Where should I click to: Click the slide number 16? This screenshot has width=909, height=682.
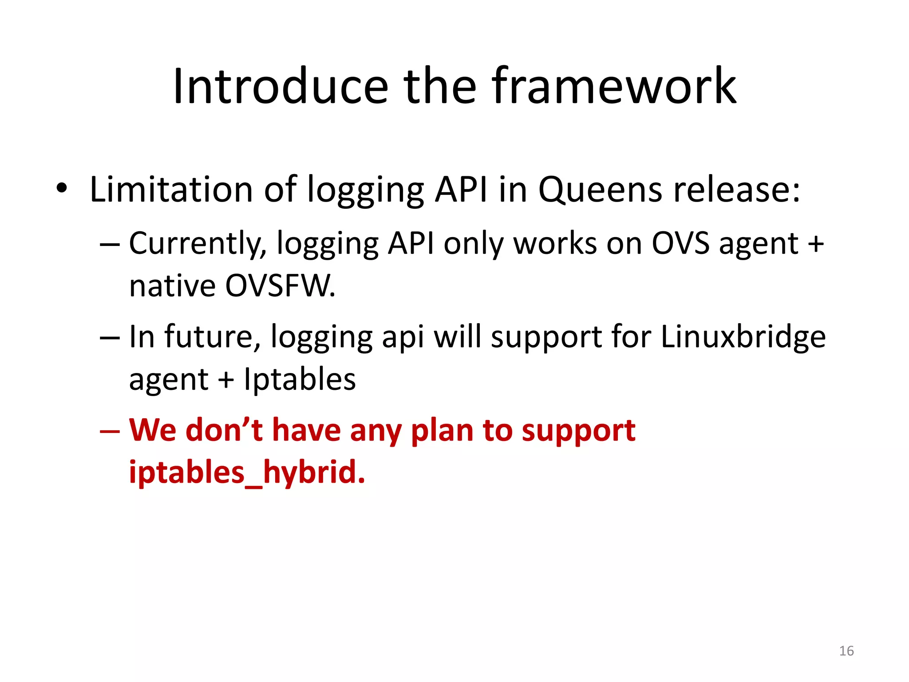[846, 651]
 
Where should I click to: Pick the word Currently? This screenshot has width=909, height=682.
[198, 244]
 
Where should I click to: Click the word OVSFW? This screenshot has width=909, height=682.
[280, 286]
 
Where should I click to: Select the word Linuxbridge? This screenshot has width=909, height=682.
[743, 337]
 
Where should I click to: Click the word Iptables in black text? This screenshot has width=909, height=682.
[300, 380]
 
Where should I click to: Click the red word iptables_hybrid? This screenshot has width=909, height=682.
[247, 472]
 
